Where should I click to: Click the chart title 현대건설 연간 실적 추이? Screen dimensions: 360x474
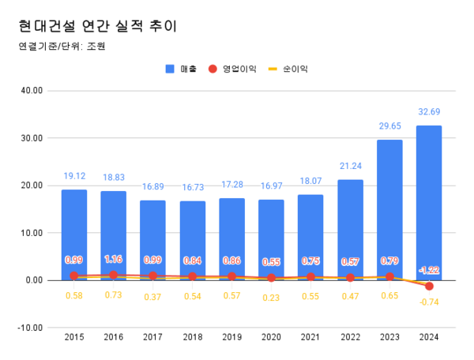point(97,25)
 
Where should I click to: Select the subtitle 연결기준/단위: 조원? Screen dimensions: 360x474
point(62,46)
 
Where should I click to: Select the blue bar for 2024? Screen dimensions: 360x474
point(429,201)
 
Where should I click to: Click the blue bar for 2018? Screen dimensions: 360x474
point(192,240)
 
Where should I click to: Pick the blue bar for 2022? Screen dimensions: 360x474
point(350,229)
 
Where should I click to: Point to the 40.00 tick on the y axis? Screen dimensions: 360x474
point(32,91)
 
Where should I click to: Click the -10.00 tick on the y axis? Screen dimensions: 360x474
point(31,328)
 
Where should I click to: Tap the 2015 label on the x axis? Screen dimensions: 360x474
point(74,337)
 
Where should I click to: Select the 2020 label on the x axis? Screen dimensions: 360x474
point(271,337)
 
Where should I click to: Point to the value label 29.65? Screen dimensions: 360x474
point(389,127)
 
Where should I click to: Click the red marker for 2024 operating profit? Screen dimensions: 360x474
point(429,286)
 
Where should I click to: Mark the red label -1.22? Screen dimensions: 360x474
point(429,269)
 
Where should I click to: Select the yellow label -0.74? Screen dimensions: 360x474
point(429,302)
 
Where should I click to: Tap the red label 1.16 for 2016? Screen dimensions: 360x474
point(113,259)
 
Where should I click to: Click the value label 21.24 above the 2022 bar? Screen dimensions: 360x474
point(350,167)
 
